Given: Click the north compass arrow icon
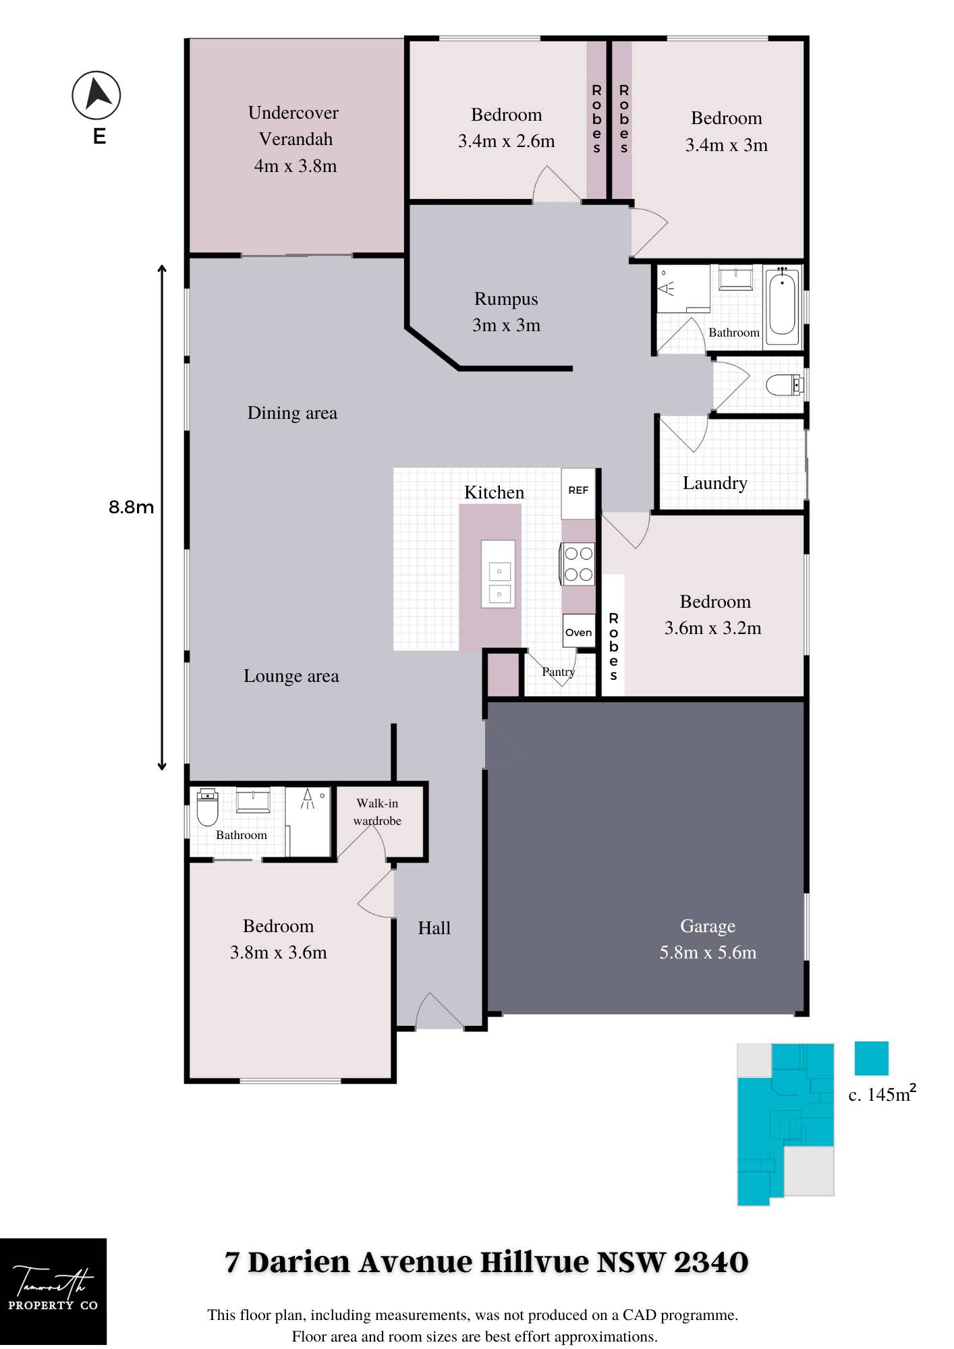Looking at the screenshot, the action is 96,95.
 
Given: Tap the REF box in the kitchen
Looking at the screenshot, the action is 578,490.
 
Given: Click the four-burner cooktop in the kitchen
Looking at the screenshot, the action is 578,564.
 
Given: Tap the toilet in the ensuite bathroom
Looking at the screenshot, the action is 207,807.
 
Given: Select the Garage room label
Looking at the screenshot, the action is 708,926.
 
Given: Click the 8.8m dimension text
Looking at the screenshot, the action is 132,507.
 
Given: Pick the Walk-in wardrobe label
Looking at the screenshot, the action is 377,812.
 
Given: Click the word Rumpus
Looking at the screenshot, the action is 506,299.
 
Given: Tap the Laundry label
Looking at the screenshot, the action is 715,483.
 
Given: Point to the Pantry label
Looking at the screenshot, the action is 559,672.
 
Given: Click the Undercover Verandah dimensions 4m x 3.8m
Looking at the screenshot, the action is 296,166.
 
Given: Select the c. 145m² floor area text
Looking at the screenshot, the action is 882,1093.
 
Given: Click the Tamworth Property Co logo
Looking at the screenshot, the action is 53,1292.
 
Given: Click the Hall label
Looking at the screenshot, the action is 434,928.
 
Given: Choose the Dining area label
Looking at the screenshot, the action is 292,413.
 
